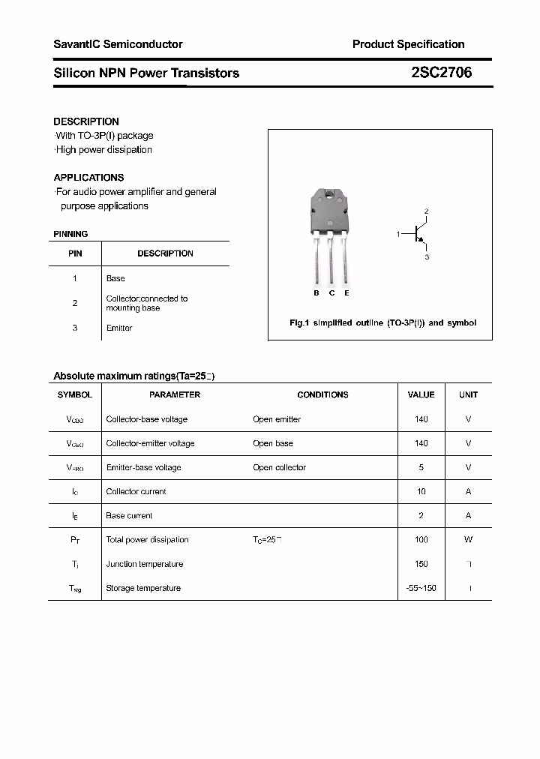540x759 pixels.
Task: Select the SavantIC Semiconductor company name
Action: (118, 44)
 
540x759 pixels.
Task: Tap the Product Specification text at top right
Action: (408, 44)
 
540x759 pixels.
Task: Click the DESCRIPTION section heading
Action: (86, 121)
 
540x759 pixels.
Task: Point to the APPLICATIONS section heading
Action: (88, 178)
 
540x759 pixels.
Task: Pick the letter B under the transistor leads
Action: (316, 292)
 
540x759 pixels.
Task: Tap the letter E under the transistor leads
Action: (346, 292)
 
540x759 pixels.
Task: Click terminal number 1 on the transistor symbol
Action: (398, 235)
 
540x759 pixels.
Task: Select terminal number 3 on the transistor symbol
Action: (426, 257)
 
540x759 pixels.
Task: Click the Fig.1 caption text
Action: (382, 322)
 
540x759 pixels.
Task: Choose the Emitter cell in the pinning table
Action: (119, 328)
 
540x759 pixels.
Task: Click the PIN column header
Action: (75, 253)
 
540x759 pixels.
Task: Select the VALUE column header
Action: (421, 394)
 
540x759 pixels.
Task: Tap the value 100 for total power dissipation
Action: (421, 540)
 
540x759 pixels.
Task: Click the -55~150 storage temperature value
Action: (421, 588)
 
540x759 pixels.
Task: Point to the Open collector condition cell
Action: (279, 467)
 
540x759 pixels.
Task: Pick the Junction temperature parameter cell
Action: (144, 564)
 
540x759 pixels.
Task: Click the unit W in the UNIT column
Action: (468, 540)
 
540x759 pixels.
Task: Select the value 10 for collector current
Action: (421, 492)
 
